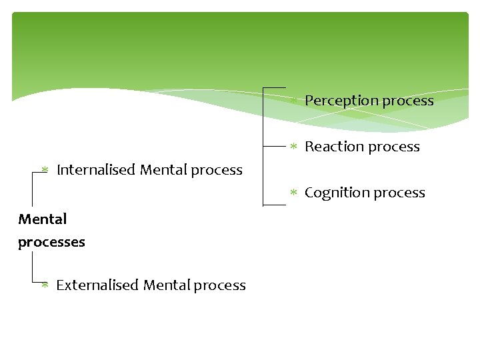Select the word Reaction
click(331, 147)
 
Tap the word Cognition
click(335, 193)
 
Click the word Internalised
click(96, 170)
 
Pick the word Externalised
click(97, 285)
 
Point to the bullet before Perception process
click(293, 101)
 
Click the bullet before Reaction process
click(293, 146)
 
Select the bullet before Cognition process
click(293, 193)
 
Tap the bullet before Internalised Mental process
click(45, 170)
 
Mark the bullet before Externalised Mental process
click(45, 285)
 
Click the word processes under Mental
click(51, 242)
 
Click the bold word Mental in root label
click(43, 219)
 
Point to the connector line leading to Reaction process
click(275, 145)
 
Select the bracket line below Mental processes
click(32, 267)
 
